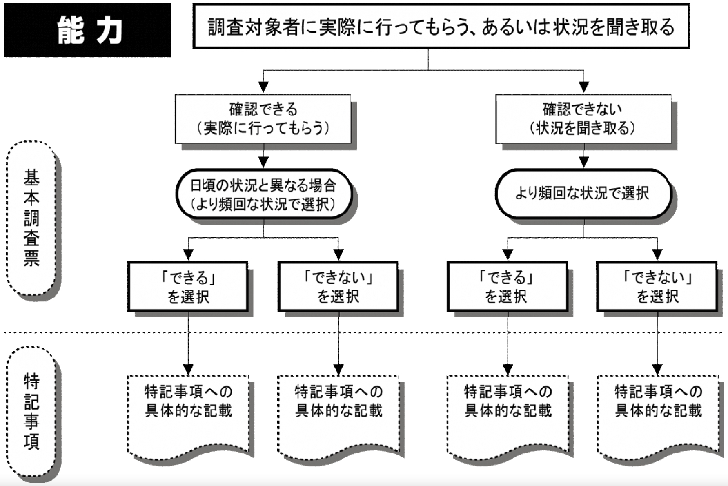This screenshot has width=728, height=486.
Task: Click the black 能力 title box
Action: point(87,30)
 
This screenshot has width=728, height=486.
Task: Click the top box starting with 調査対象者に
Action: point(441,27)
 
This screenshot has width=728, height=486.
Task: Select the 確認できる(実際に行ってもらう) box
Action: point(263,119)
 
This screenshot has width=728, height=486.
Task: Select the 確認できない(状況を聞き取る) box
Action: point(583,119)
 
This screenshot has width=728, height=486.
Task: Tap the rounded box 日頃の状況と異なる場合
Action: point(263,194)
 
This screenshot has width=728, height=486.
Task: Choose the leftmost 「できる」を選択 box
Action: point(188,287)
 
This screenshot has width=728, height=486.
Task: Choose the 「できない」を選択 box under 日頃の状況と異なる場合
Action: point(338,287)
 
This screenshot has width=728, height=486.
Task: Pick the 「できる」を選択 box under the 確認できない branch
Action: point(507,287)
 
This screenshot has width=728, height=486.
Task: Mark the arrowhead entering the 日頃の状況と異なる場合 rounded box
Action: point(263,162)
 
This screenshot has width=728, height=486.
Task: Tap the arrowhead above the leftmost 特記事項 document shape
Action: point(188,369)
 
